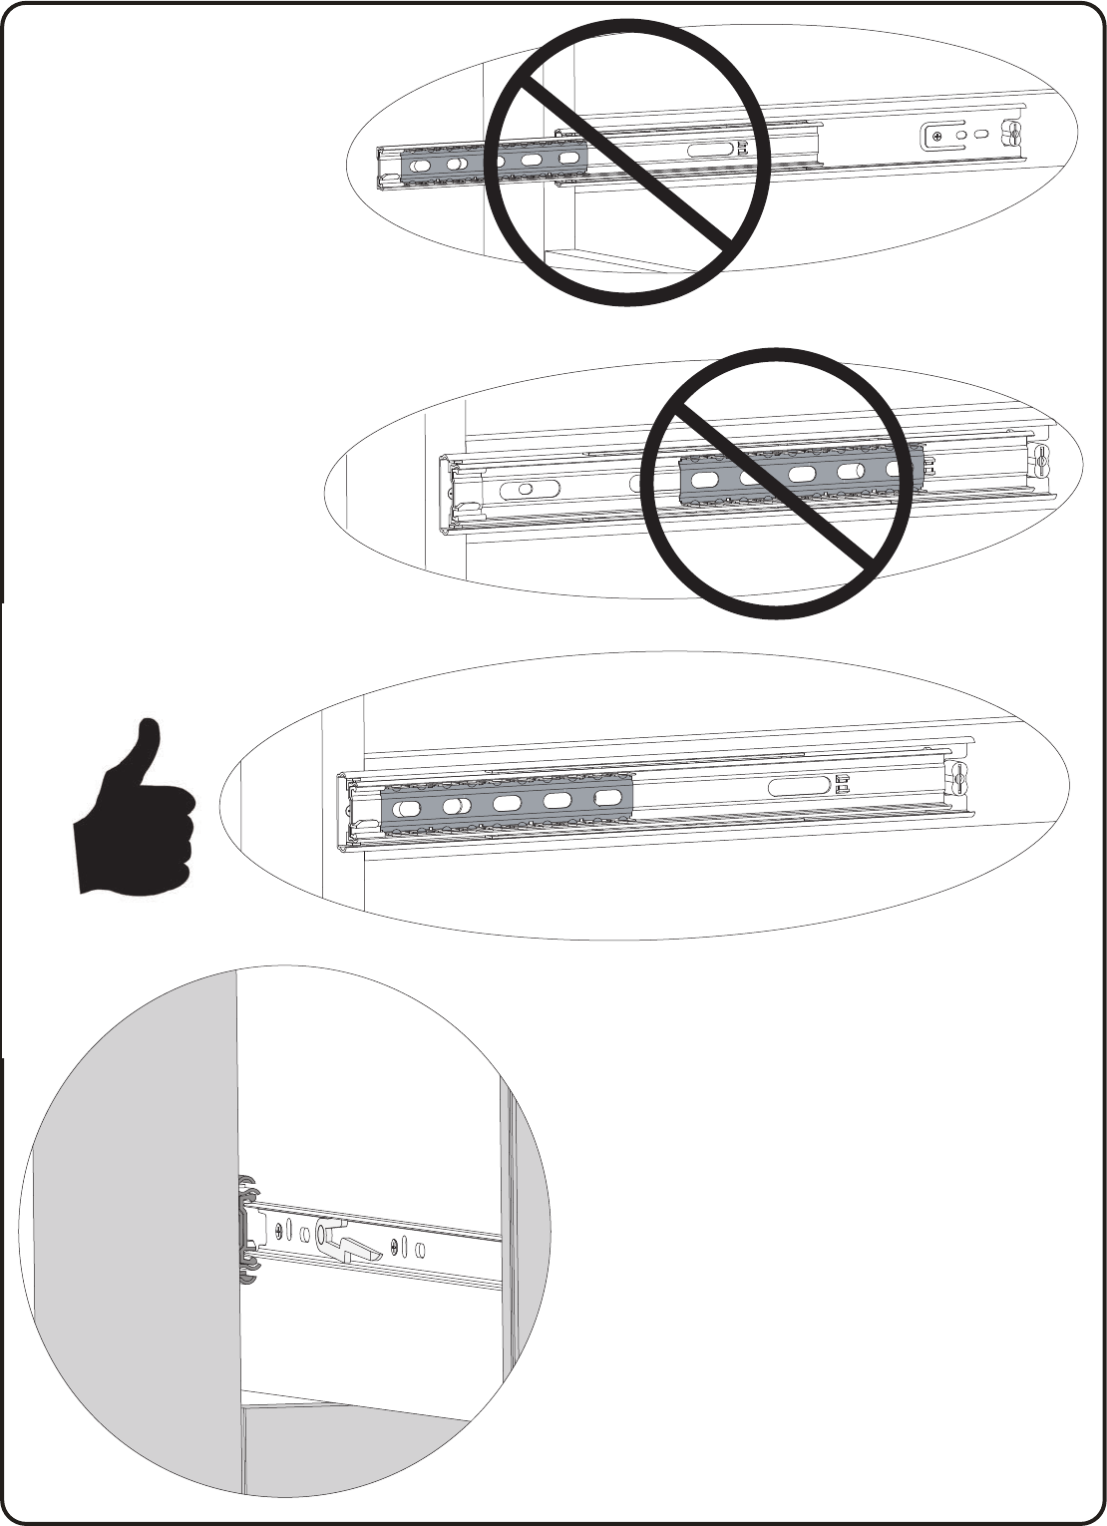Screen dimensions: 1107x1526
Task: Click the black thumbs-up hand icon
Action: point(135,818)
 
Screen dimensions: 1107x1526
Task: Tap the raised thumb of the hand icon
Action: point(147,747)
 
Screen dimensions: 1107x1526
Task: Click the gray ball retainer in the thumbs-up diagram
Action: point(507,802)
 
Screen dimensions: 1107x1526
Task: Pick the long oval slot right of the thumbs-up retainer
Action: point(798,785)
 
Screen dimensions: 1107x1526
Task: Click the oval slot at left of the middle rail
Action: point(533,490)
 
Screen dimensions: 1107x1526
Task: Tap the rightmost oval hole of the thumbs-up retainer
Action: point(607,798)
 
